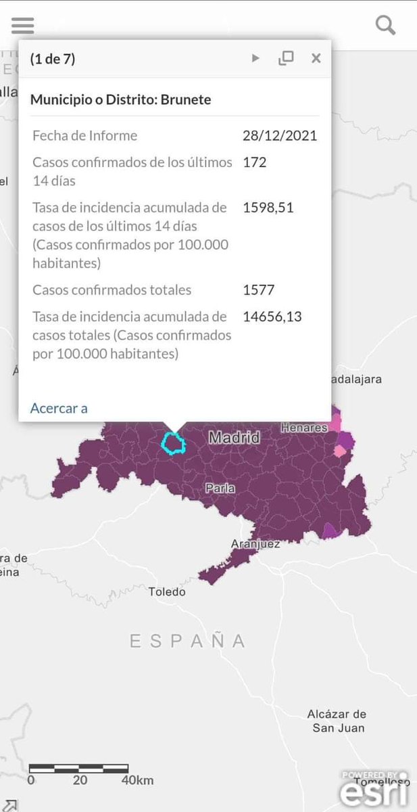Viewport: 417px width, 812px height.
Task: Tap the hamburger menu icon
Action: (x=22, y=26)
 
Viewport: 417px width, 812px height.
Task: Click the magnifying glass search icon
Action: (x=385, y=26)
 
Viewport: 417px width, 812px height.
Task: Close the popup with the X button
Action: (x=316, y=58)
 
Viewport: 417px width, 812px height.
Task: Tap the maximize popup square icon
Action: (x=286, y=58)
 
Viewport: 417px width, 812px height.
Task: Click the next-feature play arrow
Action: (x=255, y=58)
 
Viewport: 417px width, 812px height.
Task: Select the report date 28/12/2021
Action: (x=279, y=135)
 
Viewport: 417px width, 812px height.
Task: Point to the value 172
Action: (x=255, y=162)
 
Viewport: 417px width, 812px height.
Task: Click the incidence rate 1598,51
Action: (x=268, y=207)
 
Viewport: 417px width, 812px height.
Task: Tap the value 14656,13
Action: (x=272, y=316)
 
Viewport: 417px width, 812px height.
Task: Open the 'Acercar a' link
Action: (x=59, y=407)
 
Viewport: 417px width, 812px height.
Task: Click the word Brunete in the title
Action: (x=185, y=99)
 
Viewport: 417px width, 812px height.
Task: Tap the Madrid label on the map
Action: (x=234, y=438)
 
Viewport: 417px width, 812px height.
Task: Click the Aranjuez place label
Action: (x=255, y=543)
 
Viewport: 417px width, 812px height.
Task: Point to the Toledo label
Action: (x=167, y=592)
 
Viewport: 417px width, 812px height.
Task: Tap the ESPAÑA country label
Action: (x=188, y=641)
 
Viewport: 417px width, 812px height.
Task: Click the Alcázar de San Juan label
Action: (x=336, y=721)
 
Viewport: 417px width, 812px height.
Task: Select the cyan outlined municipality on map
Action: (x=174, y=443)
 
